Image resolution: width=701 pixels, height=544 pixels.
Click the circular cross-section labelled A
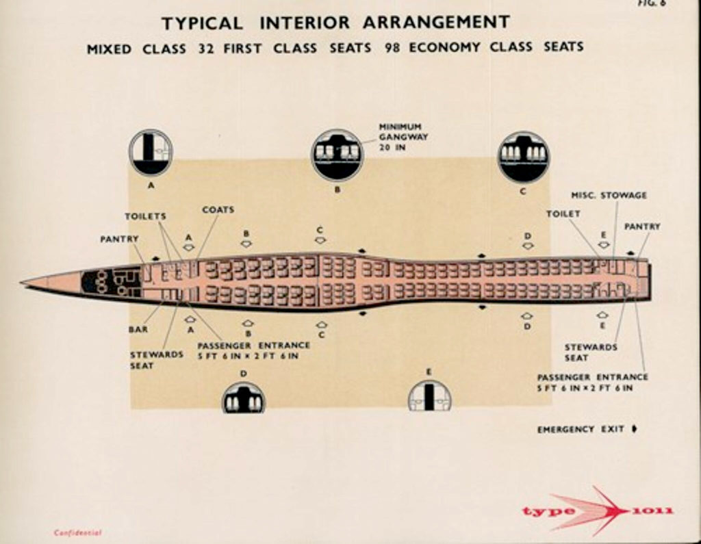151,153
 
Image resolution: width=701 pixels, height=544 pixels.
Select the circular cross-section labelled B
337,155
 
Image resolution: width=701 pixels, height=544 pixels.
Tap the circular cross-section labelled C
523,157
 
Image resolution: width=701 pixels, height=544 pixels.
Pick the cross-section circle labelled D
244,399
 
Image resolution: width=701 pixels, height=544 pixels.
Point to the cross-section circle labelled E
430,398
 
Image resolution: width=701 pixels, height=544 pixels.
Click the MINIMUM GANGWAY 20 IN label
400,136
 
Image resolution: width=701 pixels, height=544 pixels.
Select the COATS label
218,209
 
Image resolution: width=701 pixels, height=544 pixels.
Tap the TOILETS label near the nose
145,216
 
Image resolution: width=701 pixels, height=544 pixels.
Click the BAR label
138,329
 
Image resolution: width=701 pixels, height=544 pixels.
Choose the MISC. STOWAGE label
609,195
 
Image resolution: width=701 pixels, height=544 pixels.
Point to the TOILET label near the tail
563,213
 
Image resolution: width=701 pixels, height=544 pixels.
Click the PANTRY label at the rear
642,226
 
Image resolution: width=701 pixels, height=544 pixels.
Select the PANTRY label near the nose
119,239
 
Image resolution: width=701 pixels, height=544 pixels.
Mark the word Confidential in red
77,532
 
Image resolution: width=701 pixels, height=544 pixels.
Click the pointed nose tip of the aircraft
23,281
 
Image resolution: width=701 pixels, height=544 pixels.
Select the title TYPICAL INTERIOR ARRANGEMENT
335,23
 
